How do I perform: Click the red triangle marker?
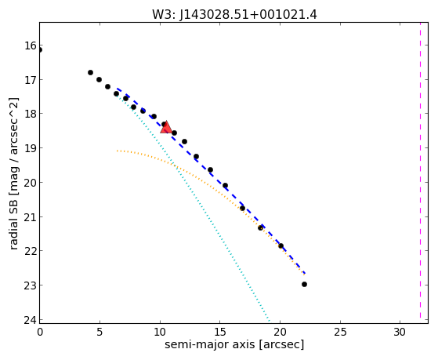[x=166, y=127]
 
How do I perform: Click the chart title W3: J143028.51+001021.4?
[x=234, y=14]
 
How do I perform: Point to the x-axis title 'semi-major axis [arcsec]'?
[x=234, y=344]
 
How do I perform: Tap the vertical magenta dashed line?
[x=420, y=170]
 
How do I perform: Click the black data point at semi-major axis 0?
[x=40, y=49]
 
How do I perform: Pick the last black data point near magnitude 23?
[x=304, y=284]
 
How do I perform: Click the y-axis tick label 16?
[x=30, y=45]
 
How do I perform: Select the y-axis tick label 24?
[x=30, y=320]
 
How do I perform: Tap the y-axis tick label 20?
[x=30, y=183]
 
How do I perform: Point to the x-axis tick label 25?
[x=340, y=333]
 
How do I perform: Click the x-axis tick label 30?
[x=400, y=333]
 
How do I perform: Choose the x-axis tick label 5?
[x=100, y=333]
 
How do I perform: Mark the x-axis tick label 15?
[x=220, y=333]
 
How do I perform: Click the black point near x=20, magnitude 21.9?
[x=281, y=245]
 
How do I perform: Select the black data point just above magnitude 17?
[x=90, y=72]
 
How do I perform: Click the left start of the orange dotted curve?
[x=118, y=151]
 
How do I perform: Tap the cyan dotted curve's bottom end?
[x=269, y=320]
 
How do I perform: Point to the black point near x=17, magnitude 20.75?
[x=242, y=208]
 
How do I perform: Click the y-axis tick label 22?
[x=30, y=251]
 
